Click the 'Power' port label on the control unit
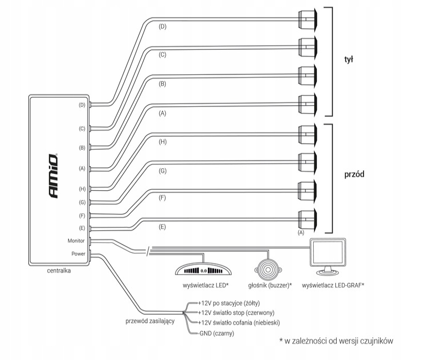click(79, 253)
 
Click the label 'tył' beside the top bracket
click(349, 59)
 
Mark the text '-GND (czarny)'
click(217, 333)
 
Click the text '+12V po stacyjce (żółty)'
click(228, 303)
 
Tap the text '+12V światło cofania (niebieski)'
click(239, 323)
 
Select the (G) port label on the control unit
click(82, 203)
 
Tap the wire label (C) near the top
click(162, 54)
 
